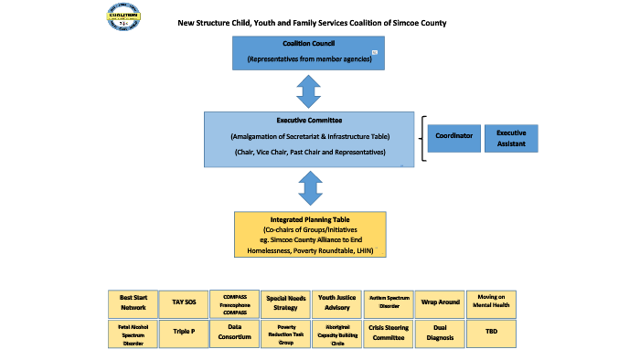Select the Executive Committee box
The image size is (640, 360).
[310, 138]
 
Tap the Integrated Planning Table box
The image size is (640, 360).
[310, 234]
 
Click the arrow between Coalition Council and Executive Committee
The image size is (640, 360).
[310, 90]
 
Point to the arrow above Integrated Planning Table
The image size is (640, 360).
[310, 187]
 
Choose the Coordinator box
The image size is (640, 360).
[453, 138]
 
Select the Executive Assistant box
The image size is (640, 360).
[511, 138]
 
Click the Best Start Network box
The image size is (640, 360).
[133, 302]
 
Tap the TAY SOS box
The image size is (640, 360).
[184, 302]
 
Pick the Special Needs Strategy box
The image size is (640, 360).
[286, 302]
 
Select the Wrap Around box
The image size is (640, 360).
[440, 302]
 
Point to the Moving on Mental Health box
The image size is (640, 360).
[491, 302]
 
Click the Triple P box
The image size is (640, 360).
[184, 332]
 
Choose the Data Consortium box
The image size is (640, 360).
[235, 332]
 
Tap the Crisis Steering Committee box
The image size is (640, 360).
[389, 332]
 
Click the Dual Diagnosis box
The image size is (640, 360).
[440, 332]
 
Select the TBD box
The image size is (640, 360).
[491, 332]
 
